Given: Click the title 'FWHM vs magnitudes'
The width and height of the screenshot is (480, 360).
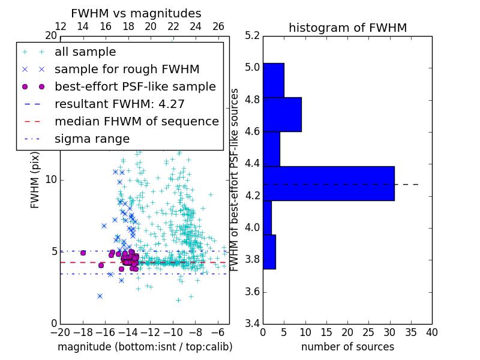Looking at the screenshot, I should pyautogui.click(x=136, y=13).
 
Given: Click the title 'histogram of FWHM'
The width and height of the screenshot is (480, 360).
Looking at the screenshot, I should pyautogui.click(x=347, y=28).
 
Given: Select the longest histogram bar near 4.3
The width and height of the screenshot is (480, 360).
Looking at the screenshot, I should pyautogui.click(x=328, y=183).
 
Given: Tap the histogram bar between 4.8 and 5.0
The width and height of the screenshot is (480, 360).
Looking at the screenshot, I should pyautogui.click(x=273, y=80).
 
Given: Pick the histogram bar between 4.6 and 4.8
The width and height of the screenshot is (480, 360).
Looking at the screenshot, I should pyautogui.click(x=282, y=114).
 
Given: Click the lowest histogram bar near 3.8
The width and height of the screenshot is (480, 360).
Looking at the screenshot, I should pyautogui.click(x=269, y=251).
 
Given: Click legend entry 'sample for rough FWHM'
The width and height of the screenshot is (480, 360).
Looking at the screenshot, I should pyautogui.click(x=127, y=70).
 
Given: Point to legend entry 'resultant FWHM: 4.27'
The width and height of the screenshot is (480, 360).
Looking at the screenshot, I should pyautogui.click(x=119, y=104).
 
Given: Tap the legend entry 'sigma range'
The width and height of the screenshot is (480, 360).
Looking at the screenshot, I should pyautogui.click(x=92, y=139).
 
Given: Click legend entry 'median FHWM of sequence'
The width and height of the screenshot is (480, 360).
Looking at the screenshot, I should pyautogui.click(x=136, y=122).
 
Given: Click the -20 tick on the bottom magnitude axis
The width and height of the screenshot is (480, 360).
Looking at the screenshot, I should pyautogui.click(x=60, y=331).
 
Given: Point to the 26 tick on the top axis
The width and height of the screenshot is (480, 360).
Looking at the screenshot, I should pyautogui.click(x=218, y=26).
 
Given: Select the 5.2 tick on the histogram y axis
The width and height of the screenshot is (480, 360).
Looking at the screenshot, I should pyautogui.click(x=253, y=35).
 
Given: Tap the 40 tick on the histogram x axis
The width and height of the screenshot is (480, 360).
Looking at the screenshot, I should pyautogui.click(x=431, y=332).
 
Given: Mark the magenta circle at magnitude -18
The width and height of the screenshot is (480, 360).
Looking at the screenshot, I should pyautogui.click(x=83, y=253).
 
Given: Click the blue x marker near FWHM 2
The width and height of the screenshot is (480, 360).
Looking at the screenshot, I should pyautogui.click(x=100, y=296).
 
